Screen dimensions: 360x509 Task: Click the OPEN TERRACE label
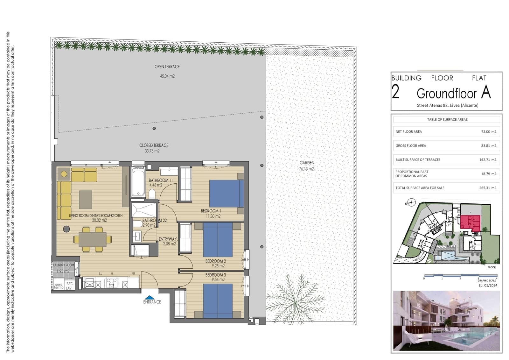[167, 67]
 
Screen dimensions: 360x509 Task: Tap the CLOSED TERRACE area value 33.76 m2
[152, 151]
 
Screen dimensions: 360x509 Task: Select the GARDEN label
[307, 162]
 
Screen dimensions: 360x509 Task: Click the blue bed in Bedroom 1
[227, 194]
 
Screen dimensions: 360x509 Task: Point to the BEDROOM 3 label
[215, 275]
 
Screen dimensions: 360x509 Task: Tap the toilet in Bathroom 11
[152, 194]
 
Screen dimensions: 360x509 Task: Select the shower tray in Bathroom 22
[144, 210]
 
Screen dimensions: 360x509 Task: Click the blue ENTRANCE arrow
[152, 298]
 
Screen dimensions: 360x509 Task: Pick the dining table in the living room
[93, 239]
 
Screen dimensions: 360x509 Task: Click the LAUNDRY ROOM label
[63, 265]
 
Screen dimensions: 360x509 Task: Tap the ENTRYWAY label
[168, 239]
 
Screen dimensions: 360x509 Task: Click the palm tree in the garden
[294, 299]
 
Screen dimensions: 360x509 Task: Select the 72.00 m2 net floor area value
[489, 131]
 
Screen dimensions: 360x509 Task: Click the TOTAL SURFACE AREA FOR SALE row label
[420, 188]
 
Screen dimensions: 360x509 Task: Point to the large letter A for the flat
[486, 92]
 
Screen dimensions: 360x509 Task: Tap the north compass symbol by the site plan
[412, 202]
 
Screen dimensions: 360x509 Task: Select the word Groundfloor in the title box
[446, 94]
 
